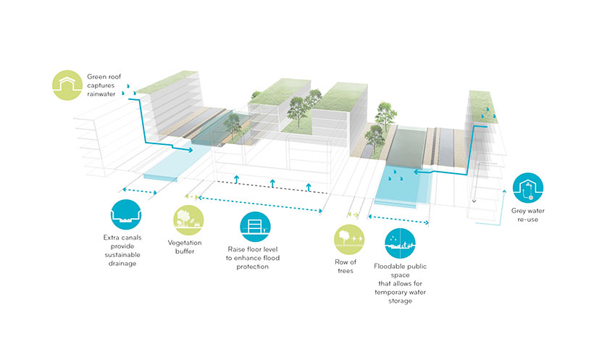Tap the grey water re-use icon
pos(529,189)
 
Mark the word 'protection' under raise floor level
pos(248,267)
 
